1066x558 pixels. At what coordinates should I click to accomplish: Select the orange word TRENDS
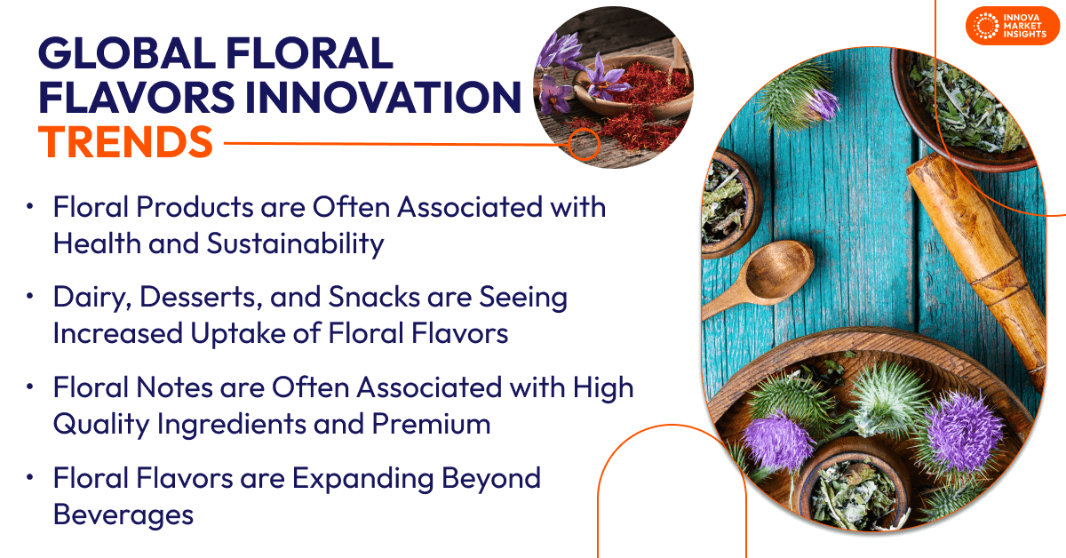tap(125, 141)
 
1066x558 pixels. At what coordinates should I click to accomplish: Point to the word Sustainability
tap(295, 243)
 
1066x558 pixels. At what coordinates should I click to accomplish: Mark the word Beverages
tap(123, 514)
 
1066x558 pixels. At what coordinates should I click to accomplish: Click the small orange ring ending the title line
tap(583, 142)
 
